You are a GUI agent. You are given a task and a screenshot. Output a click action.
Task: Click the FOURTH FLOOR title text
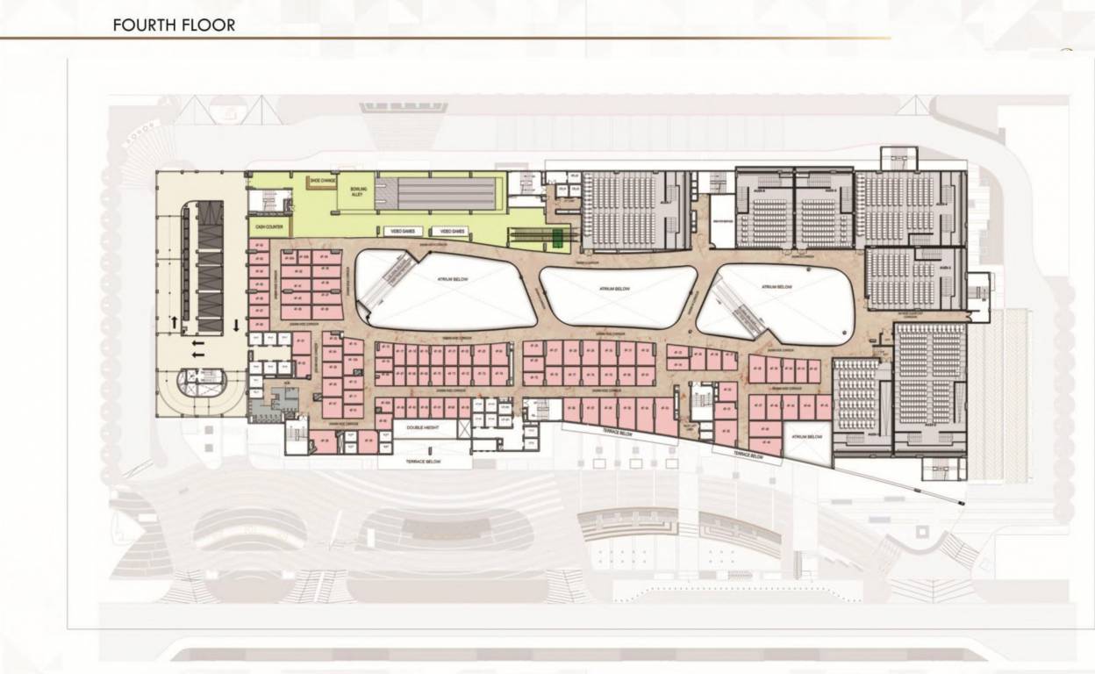pyautogui.click(x=174, y=25)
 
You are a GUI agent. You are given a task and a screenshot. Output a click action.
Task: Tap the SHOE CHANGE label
pyautogui.click(x=322, y=180)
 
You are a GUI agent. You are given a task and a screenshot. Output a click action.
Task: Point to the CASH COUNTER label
pyautogui.click(x=268, y=227)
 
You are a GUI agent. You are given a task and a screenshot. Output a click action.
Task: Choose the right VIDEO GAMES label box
pyautogui.click(x=453, y=231)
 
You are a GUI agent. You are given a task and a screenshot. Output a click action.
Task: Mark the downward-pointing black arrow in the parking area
pyautogui.click(x=237, y=326)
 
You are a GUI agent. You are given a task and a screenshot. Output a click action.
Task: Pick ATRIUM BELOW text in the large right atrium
pyautogui.click(x=777, y=287)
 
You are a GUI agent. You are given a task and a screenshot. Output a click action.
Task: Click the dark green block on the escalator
pyautogui.click(x=559, y=234)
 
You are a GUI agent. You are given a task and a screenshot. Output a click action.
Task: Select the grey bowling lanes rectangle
pyautogui.click(x=438, y=192)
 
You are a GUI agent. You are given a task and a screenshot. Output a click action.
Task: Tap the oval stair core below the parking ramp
pyautogui.click(x=200, y=382)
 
